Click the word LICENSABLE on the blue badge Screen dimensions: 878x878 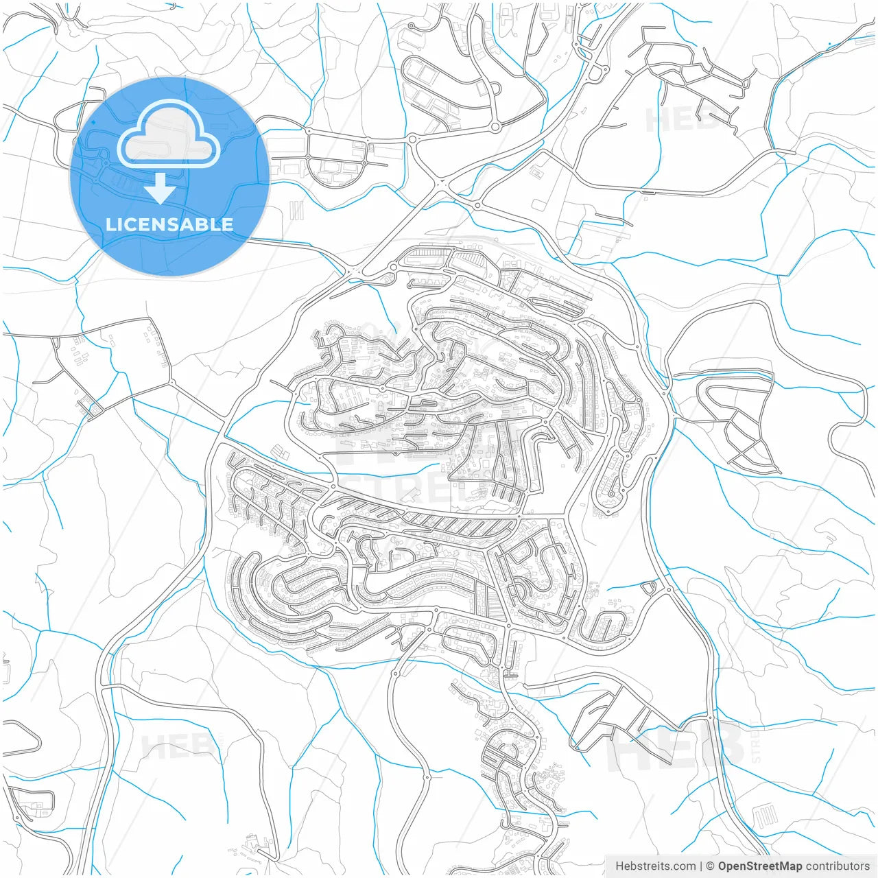click(169, 224)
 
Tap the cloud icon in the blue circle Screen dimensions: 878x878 click(169, 134)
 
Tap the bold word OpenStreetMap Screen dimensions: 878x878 click(760, 866)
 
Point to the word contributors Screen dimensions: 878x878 click(838, 866)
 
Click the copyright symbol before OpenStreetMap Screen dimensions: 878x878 click(711, 866)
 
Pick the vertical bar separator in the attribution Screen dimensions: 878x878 click(701, 866)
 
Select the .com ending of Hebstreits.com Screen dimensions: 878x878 click(683, 866)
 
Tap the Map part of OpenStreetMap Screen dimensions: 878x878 click(790, 866)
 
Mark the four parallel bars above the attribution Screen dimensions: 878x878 click(766, 817)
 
